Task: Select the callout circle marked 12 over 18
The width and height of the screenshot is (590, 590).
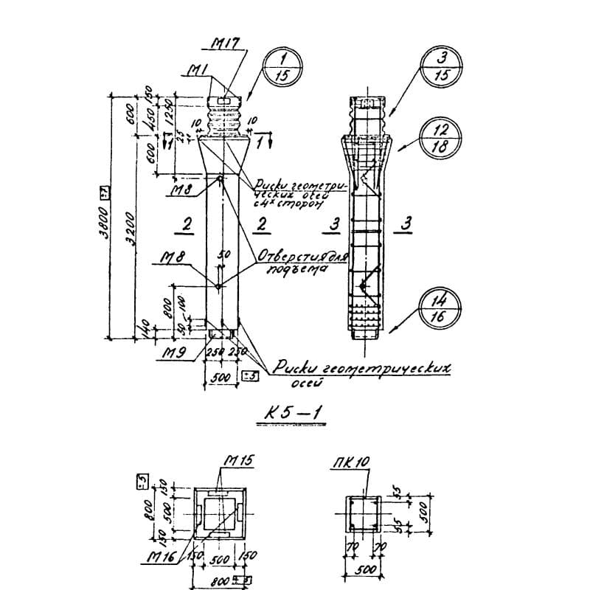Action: [440, 137]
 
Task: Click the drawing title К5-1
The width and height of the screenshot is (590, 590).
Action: [294, 414]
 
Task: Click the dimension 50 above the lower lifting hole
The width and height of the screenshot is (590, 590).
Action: [226, 254]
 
